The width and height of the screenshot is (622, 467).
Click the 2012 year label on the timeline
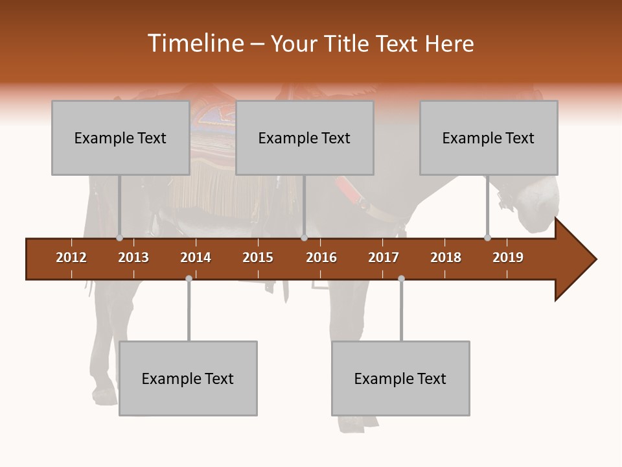click(71, 257)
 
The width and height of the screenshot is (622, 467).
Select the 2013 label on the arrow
click(133, 257)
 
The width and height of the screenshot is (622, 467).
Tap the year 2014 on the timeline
click(196, 257)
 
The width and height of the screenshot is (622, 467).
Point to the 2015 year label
click(258, 257)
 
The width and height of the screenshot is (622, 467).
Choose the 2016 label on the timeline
click(321, 257)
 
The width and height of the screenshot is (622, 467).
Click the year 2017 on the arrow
click(384, 257)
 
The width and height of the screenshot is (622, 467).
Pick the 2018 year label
click(446, 257)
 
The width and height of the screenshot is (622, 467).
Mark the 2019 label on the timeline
click(508, 257)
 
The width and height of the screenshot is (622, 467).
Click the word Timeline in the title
click(194, 43)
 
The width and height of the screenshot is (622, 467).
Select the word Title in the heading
click(349, 43)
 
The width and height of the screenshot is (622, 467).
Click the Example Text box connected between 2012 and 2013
click(121, 138)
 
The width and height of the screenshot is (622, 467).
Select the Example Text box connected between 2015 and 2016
click(305, 138)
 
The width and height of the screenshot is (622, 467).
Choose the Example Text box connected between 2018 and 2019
click(489, 138)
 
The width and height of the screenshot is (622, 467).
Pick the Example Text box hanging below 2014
click(188, 378)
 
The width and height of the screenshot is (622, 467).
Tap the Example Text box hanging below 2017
click(400, 378)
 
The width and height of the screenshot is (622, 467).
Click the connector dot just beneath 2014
click(189, 278)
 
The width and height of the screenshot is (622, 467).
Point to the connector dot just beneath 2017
click(401, 278)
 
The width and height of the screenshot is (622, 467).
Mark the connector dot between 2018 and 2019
click(487, 238)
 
